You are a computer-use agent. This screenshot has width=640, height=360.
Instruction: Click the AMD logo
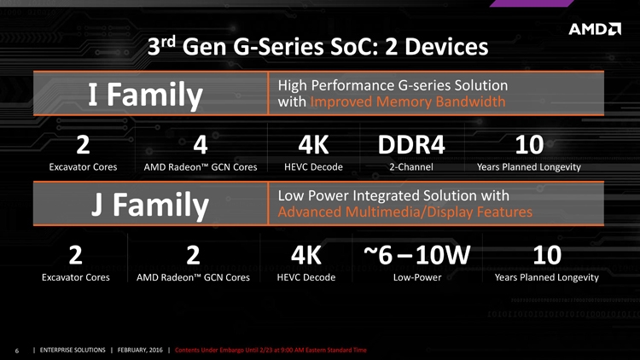click(595, 29)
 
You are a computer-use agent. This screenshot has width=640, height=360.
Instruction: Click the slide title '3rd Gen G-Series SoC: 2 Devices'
click(317, 46)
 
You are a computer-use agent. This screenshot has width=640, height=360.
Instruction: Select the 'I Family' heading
click(146, 95)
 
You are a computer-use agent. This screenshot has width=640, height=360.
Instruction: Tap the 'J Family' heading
click(150, 205)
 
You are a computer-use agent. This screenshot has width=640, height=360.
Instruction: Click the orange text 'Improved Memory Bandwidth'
click(408, 102)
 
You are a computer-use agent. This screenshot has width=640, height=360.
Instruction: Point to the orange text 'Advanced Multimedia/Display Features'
click(404, 212)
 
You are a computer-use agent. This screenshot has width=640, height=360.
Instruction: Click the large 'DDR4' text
click(411, 144)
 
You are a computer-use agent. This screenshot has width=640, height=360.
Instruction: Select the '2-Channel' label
click(411, 167)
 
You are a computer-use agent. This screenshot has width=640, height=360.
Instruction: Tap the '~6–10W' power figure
click(416, 255)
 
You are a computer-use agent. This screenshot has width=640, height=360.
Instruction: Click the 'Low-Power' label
click(417, 277)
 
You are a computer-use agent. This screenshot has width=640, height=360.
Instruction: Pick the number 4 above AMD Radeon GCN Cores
click(201, 144)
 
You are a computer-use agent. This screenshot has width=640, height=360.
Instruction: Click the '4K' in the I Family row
click(313, 144)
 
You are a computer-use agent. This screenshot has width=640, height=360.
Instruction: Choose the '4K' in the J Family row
click(306, 255)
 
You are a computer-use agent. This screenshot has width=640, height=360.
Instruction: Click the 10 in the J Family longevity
click(547, 255)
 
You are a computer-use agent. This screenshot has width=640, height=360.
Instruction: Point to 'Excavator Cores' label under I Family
click(83, 167)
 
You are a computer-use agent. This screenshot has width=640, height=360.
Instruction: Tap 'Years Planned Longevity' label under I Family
click(529, 167)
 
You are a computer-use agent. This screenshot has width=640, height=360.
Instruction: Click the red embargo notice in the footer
click(271, 351)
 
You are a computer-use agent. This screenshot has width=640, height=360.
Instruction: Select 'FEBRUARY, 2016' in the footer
click(140, 351)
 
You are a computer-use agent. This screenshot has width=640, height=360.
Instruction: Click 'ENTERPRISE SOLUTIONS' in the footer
click(73, 351)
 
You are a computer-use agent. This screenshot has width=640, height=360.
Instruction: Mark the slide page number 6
click(17, 351)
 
